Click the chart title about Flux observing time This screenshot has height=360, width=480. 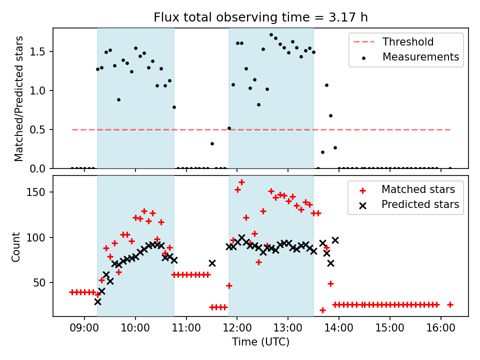pos(260,17)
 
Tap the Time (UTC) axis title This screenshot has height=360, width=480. pos(260,342)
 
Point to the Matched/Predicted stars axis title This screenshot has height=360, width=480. pos(19,98)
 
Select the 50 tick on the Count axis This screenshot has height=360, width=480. pos(42,282)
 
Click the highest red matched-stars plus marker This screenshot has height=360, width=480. pos(241,182)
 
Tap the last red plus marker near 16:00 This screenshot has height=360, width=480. pos(450,304)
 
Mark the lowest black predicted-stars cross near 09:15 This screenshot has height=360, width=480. pos(97,301)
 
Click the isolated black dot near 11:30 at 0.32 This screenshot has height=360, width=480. pos(212,143)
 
